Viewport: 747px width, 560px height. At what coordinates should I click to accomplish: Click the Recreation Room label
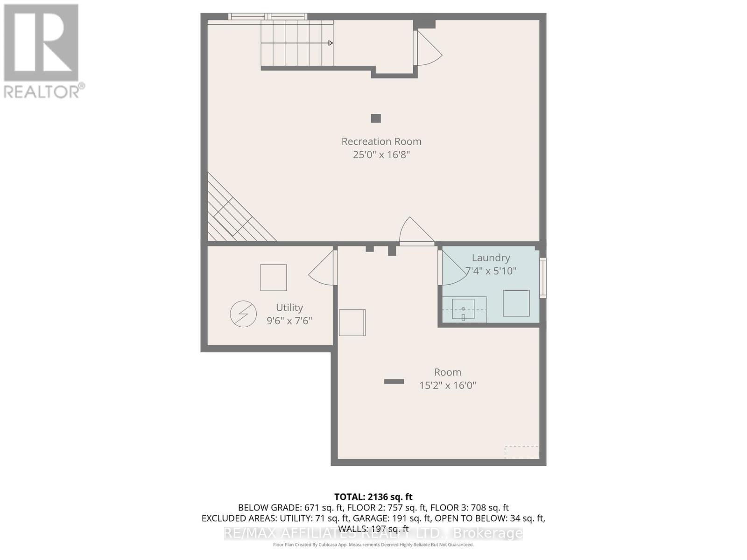[381, 141]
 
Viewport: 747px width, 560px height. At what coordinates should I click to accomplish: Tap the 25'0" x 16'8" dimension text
[381, 154]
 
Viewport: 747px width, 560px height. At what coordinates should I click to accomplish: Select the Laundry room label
[491, 258]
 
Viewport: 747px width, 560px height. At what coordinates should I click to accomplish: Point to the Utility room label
[289, 308]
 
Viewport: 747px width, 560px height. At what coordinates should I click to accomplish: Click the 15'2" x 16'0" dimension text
[447, 385]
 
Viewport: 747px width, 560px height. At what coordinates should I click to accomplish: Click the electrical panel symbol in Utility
[243, 314]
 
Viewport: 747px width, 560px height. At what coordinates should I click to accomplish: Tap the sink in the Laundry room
[463, 309]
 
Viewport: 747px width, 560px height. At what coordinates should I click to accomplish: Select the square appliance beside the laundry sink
[516, 303]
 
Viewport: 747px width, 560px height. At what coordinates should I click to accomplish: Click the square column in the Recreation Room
[376, 119]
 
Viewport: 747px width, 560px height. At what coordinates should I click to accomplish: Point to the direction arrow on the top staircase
[330, 43]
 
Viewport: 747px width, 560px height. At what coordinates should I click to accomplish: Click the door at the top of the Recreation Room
[427, 48]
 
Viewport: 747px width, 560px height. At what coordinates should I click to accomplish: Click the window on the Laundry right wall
[543, 278]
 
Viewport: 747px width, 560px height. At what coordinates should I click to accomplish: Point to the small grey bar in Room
[394, 382]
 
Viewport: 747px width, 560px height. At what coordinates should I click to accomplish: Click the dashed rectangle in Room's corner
[521, 452]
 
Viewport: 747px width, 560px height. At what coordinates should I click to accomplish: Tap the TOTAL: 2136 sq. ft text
[373, 497]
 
